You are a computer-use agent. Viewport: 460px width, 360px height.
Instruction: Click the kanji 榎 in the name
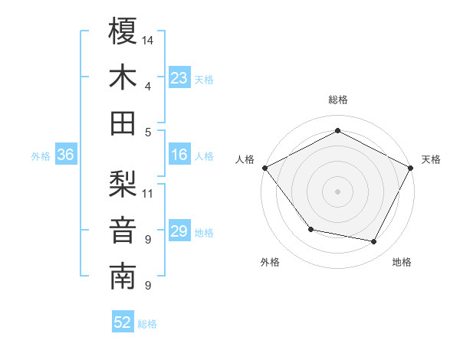(123, 32)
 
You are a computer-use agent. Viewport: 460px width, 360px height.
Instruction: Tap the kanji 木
(123, 78)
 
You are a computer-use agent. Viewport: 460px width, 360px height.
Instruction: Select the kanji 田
(123, 123)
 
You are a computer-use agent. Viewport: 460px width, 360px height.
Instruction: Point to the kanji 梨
(123, 185)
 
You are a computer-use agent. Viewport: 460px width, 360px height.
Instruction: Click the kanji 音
(123, 231)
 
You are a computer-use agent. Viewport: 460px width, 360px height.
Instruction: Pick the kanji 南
(123, 277)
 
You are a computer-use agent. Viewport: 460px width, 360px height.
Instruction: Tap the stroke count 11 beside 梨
(149, 192)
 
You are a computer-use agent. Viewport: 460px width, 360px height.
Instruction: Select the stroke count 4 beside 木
(147, 86)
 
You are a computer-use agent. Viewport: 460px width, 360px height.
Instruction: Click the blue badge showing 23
(179, 78)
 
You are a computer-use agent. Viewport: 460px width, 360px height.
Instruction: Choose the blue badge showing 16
(179, 155)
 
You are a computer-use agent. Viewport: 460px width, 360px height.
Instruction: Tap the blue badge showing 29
(179, 231)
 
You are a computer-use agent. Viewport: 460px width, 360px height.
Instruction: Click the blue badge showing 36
(66, 155)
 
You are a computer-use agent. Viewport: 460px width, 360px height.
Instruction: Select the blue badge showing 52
(123, 322)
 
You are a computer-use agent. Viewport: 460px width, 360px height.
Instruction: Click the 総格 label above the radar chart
(338, 100)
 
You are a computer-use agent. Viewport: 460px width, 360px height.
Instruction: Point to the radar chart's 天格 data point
(412, 168)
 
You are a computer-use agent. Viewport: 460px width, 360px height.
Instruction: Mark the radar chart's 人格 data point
(264, 168)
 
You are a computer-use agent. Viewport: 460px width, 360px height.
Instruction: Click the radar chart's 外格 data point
(310, 229)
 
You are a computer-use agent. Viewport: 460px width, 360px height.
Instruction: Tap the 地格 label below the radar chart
(402, 262)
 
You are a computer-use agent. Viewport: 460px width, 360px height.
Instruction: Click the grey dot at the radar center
(338, 191)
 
